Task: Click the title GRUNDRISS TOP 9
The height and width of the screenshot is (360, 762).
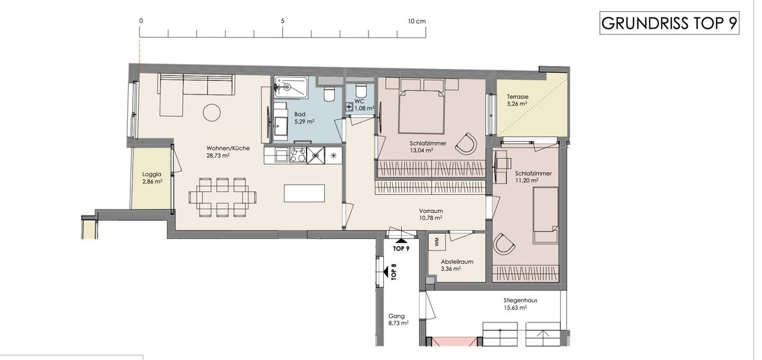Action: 669,23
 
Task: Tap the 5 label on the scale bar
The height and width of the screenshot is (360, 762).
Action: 282,21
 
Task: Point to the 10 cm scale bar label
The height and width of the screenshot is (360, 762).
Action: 417,21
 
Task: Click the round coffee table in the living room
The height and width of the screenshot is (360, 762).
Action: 211,112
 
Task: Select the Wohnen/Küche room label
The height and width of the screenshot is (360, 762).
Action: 228,148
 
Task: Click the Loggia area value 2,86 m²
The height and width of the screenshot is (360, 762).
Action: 152,181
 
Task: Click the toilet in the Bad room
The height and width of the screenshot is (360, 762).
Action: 329,94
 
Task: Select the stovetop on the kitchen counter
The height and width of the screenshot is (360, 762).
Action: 298,156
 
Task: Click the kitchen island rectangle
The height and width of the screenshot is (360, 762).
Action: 304,193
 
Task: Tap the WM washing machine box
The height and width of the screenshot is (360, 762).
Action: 437,242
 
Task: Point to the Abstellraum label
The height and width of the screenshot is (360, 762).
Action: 457,262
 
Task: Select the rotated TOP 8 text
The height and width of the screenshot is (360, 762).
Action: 394,271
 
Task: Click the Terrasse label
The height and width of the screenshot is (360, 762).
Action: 517,96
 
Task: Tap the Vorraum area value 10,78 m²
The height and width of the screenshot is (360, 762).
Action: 430,218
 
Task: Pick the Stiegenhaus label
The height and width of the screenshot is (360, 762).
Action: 520,300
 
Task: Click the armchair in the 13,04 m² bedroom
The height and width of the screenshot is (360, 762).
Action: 466,143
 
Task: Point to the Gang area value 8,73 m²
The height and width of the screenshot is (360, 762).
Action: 398,323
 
